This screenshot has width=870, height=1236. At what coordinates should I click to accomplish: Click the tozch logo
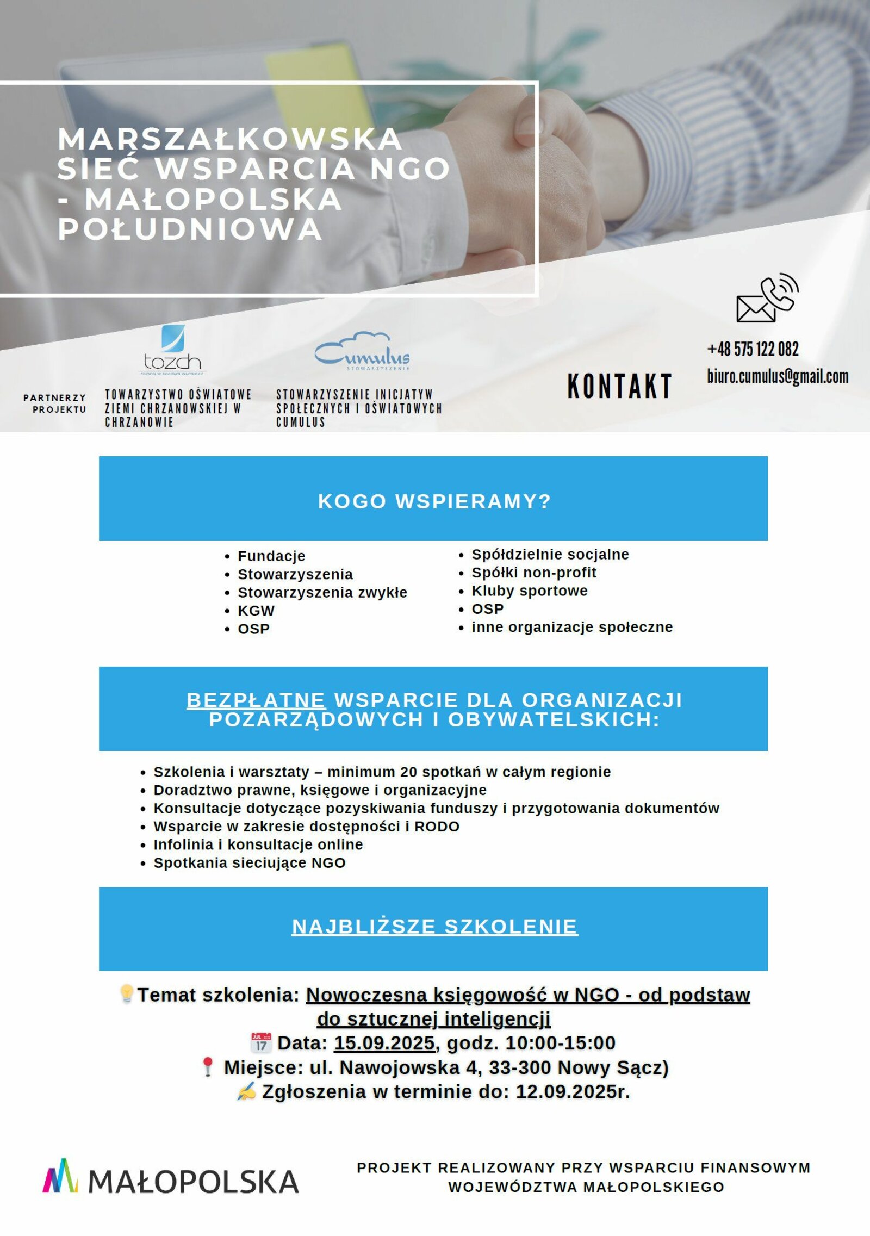point(172,350)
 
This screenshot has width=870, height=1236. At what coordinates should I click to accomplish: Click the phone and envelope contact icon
point(767,298)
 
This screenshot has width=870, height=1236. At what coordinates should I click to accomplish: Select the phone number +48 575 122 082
point(753,349)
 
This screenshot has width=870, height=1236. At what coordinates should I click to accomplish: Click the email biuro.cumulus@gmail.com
point(778,376)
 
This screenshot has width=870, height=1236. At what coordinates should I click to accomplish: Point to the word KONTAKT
point(619,386)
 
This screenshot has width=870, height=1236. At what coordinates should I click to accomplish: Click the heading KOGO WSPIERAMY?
point(434,501)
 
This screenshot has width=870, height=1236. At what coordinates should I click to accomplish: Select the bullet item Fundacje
point(271,556)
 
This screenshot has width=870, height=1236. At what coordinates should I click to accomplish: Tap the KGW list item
point(256,610)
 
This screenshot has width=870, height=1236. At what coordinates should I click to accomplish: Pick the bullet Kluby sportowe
point(529,591)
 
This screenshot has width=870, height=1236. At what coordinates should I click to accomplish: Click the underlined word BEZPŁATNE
point(256,700)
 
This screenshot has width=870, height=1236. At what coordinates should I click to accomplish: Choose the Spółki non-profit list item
point(533,573)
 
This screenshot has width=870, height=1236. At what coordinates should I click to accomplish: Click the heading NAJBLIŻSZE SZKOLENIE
point(434,926)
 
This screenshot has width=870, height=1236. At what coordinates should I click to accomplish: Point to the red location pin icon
point(208,1067)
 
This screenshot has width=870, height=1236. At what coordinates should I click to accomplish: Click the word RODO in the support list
point(437,827)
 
